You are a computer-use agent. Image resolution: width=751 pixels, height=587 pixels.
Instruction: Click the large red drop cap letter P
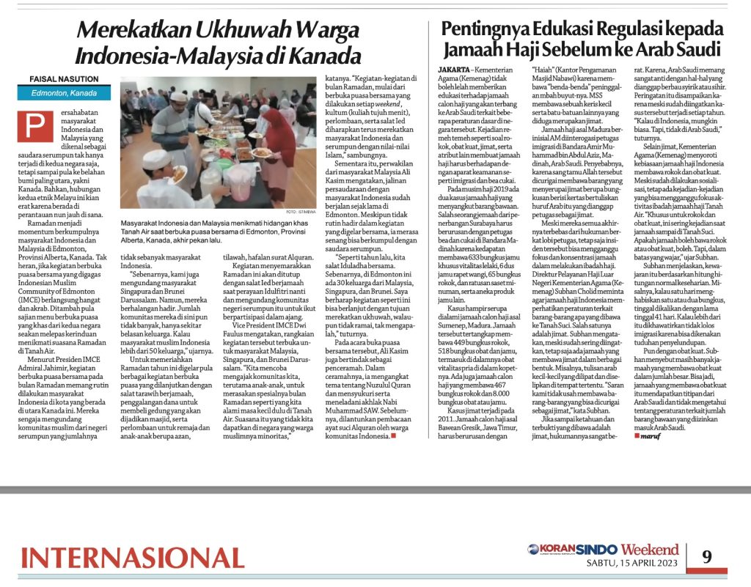click(34, 127)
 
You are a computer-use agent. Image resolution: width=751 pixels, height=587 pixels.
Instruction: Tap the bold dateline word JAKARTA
click(447, 68)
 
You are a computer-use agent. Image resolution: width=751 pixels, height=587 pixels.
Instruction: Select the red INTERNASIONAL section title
click(132, 557)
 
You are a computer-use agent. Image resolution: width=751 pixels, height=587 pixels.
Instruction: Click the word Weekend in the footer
click(650, 549)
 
